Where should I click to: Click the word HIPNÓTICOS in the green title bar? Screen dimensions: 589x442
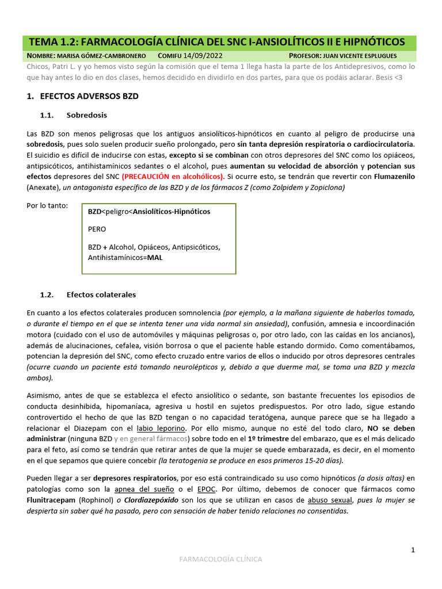click(x=372, y=42)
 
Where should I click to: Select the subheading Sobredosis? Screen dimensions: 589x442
click(x=86, y=115)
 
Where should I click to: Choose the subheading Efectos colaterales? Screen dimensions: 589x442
click(x=101, y=294)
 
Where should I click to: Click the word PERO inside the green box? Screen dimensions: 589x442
click(x=97, y=229)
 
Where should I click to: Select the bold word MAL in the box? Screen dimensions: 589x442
click(x=155, y=258)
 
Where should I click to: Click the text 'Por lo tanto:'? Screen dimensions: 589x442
click(x=47, y=205)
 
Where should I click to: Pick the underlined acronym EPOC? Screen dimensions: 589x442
click(x=207, y=489)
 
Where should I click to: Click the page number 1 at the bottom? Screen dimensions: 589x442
click(x=413, y=550)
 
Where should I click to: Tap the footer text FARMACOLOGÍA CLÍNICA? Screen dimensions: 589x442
click(x=221, y=559)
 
